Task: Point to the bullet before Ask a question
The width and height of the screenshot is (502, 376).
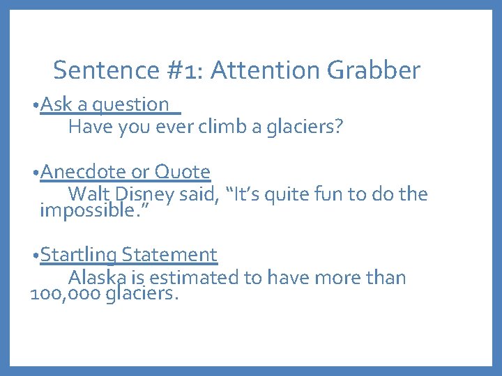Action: click(x=36, y=105)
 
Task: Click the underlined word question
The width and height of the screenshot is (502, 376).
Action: click(x=131, y=105)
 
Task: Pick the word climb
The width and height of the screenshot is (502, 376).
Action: click(x=224, y=127)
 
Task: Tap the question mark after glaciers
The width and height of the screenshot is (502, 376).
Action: click(x=339, y=127)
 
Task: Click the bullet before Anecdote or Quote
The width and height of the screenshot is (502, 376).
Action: click(x=36, y=172)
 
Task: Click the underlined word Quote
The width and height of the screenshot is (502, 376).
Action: click(x=182, y=172)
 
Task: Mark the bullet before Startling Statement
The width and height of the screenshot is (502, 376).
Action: click(x=36, y=256)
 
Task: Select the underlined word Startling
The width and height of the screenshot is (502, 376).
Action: click(x=79, y=256)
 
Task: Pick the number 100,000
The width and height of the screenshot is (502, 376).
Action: click(x=66, y=294)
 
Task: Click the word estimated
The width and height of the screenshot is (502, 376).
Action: click(x=195, y=278)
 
